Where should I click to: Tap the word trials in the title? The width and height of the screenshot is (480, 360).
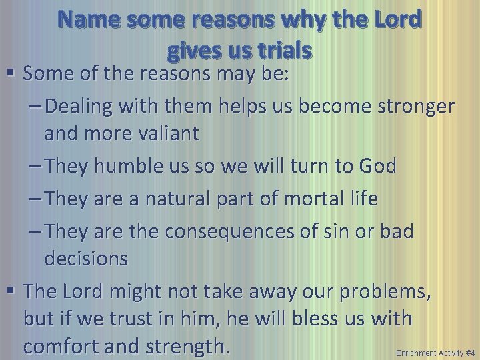(x=281, y=49)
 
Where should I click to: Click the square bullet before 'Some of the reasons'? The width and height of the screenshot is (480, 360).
(x=12, y=75)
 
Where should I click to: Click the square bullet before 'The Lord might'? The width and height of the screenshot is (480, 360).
(x=12, y=291)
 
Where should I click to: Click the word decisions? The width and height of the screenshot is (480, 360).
(x=86, y=259)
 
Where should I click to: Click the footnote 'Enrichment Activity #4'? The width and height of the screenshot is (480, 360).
(x=435, y=352)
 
